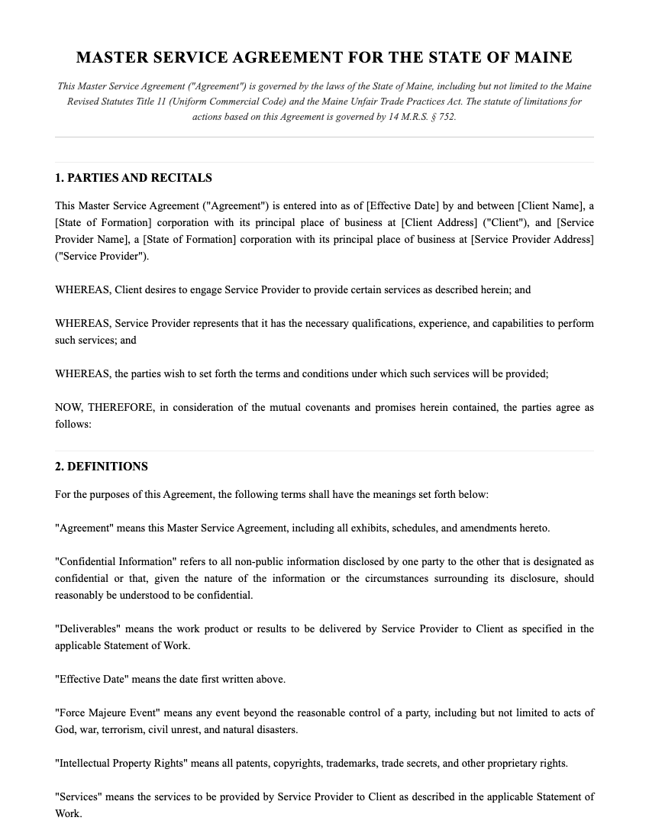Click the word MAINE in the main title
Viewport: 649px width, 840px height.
pyautogui.click(x=543, y=58)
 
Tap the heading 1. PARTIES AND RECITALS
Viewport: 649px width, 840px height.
pyautogui.click(x=134, y=178)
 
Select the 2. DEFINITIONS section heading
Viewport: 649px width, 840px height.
pyautogui.click(x=102, y=467)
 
